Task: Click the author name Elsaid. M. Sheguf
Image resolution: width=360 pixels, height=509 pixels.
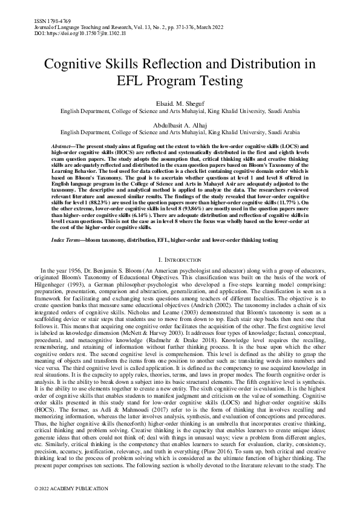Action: click(x=180, y=104)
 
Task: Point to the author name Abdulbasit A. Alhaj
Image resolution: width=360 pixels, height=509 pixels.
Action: click(x=180, y=124)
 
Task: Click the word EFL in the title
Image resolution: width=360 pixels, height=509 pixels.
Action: click(x=133, y=81)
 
